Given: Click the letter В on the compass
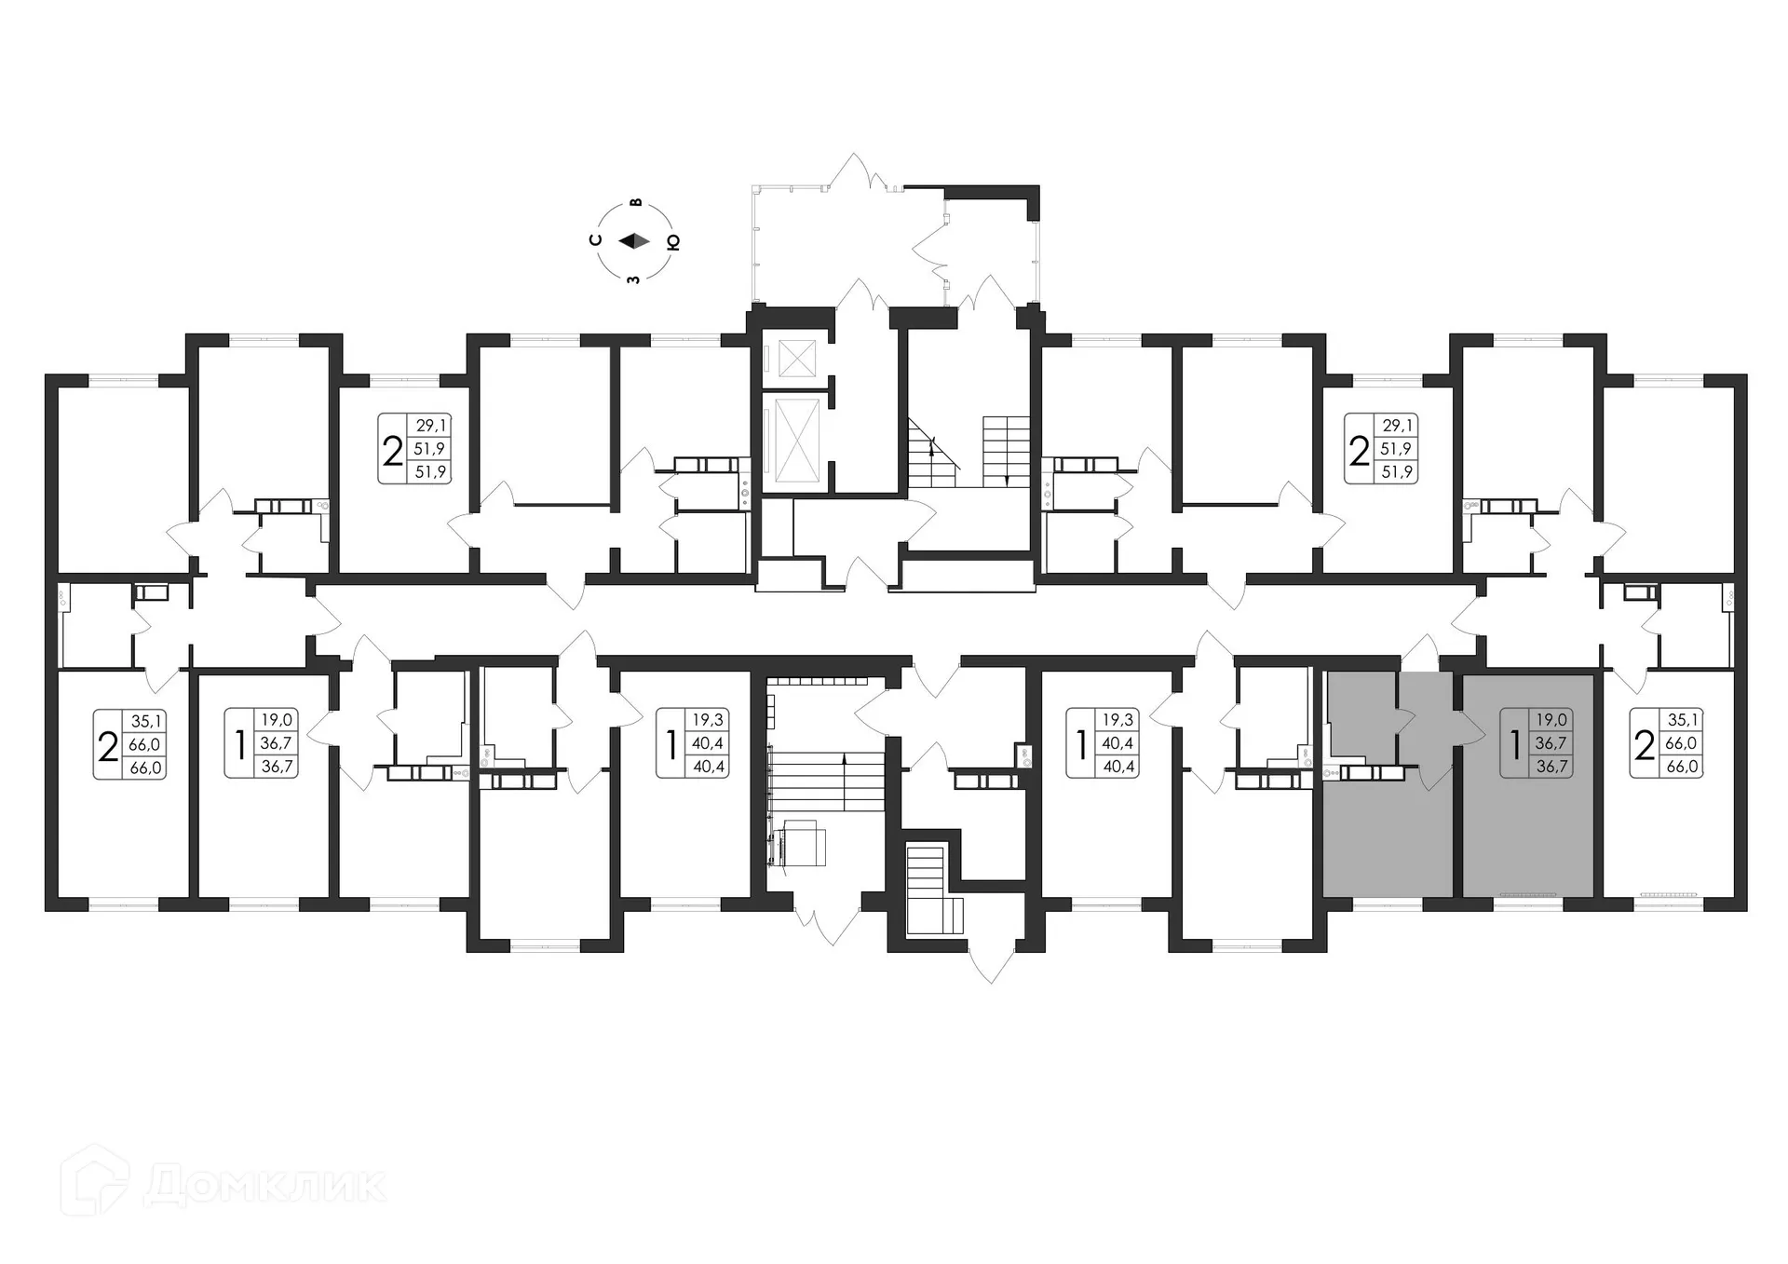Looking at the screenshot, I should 636,202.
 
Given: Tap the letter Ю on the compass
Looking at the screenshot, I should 673,242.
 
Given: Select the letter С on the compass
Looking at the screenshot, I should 596,240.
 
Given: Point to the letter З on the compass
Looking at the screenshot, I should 634,279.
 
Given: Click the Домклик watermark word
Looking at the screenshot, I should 265,1186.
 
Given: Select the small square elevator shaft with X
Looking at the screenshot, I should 796,359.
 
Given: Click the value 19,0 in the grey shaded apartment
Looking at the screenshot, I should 1551,720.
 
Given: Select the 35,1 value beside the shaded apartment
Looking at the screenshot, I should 1682,720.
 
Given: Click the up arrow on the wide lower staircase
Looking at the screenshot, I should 844,759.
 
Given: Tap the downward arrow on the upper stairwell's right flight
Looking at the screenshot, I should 1008,477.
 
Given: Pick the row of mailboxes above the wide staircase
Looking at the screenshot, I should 818,682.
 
